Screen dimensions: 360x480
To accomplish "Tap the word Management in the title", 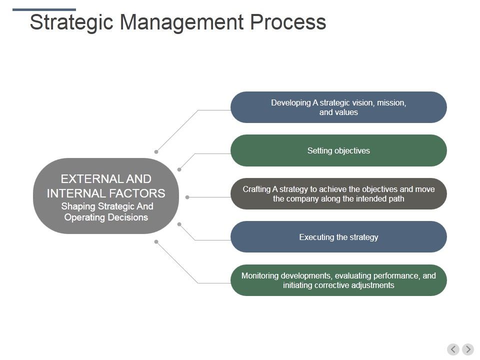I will (x=182, y=23).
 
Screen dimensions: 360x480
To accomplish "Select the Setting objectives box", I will (x=338, y=150).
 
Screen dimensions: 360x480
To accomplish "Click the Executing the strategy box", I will (x=338, y=237).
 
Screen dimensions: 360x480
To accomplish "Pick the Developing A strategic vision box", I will (x=338, y=107).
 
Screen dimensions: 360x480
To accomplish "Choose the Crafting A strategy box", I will (x=338, y=194).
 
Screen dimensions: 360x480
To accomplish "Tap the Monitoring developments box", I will (x=338, y=280).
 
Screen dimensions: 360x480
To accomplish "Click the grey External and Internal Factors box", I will (x=106, y=196).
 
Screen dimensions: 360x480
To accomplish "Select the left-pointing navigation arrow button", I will (x=453, y=349).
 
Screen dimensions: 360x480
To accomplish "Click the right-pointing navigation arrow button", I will (x=468, y=349).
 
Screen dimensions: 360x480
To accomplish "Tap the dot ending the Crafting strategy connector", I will (x=187, y=197).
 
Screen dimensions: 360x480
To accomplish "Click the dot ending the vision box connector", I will (x=156, y=151).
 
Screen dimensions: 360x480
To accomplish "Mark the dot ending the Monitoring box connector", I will (x=156, y=242).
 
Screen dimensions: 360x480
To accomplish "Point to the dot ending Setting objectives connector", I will (x=179, y=170).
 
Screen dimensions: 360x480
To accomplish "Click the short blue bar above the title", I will (x=44, y=9).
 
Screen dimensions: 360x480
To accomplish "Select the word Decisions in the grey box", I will (x=129, y=217).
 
